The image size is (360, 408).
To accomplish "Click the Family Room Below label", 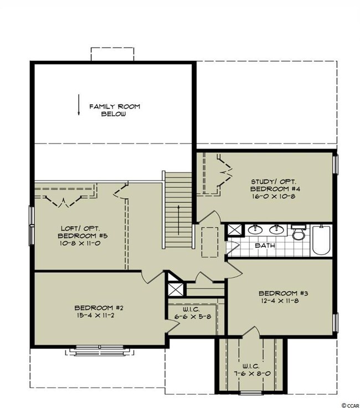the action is pyautogui.click(x=115, y=110).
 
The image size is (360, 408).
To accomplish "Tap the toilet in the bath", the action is pyautogui.click(x=297, y=233).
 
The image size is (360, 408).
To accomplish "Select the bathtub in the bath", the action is pyautogui.click(x=321, y=240).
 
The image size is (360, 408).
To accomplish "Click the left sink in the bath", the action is pyautogui.click(x=255, y=230).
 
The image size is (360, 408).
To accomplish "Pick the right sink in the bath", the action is pyautogui.click(x=276, y=230).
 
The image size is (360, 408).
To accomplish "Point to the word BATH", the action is pyautogui.click(x=265, y=245).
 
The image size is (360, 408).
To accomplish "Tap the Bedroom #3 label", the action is pyautogui.click(x=284, y=293).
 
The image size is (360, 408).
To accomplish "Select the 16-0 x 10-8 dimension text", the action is pyautogui.click(x=273, y=196).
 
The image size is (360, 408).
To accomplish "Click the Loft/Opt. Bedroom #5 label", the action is pyautogui.click(x=83, y=232).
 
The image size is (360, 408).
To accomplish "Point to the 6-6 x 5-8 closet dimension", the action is pyautogui.click(x=193, y=317).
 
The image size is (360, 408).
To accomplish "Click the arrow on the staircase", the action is pyautogui.click(x=178, y=220).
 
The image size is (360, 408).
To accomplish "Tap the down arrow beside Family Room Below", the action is pyautogui.click(x=78, y=105).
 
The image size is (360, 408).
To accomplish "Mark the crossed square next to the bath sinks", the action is pyautogui.click(x=234, y=230).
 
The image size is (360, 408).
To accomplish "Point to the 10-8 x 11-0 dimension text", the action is pyautogui.click(x=80, y=244).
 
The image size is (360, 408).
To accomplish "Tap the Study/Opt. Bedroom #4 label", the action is pyautogui.click(x=273, y=185).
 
